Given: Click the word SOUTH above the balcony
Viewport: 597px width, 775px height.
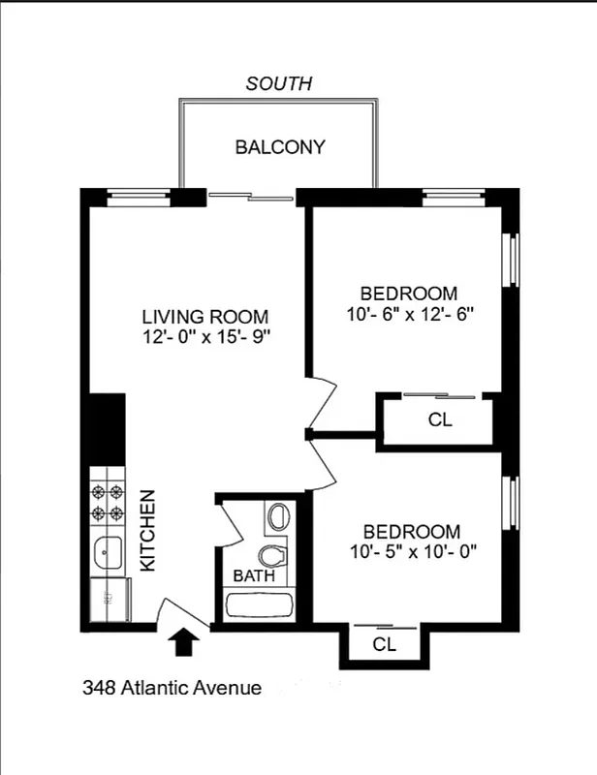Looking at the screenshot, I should tap(279, 84).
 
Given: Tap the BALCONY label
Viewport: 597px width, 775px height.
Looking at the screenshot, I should tap(279, 147).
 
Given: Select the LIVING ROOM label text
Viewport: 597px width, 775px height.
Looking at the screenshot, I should tap(204, 317).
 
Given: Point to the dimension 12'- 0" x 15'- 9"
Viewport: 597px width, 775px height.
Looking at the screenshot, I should tap(204, 337).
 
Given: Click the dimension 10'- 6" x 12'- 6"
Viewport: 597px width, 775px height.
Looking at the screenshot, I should tap(408, 314).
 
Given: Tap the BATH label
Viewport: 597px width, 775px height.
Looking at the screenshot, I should tap(254, 574).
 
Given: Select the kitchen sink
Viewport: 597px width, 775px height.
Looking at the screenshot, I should tap(107, 553).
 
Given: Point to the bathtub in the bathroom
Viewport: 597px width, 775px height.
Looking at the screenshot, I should tap(260, 605).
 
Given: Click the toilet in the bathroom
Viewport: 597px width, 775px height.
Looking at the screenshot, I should tap(277, 555).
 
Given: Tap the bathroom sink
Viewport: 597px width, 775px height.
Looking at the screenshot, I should tap(279, 516).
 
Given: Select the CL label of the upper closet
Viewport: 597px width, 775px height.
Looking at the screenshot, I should tap(439, 421).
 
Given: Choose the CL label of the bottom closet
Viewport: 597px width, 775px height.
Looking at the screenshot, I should tap(385, 643).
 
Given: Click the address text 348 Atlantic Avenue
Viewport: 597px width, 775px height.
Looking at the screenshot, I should tap(172, 689).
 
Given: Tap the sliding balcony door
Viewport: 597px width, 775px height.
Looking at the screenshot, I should tap(251, 197).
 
